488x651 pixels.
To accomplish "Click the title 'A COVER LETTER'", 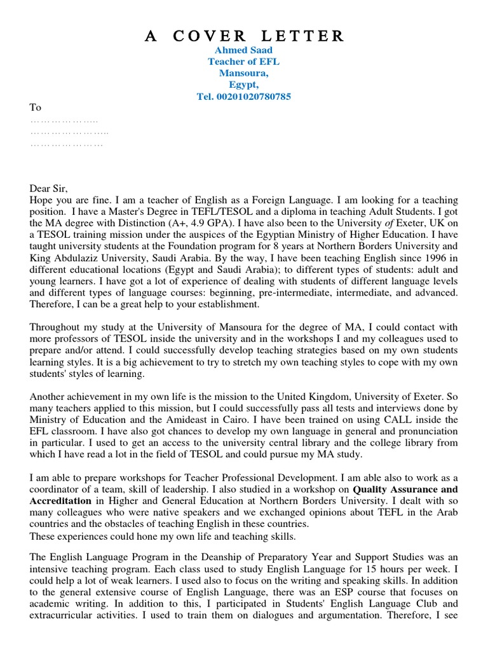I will click(x=244, y=36).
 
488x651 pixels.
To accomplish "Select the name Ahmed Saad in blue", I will click(x=244, y=50).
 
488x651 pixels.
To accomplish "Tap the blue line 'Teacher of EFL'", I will click(x=244, y=62).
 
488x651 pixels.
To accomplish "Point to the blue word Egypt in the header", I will click(x=244, y=85).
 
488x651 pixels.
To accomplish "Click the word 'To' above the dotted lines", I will click(x=36, y=108).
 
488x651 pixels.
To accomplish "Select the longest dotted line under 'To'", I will click(x=69, y=132).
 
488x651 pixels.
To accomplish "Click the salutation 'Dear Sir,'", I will click(x=48, y=188).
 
